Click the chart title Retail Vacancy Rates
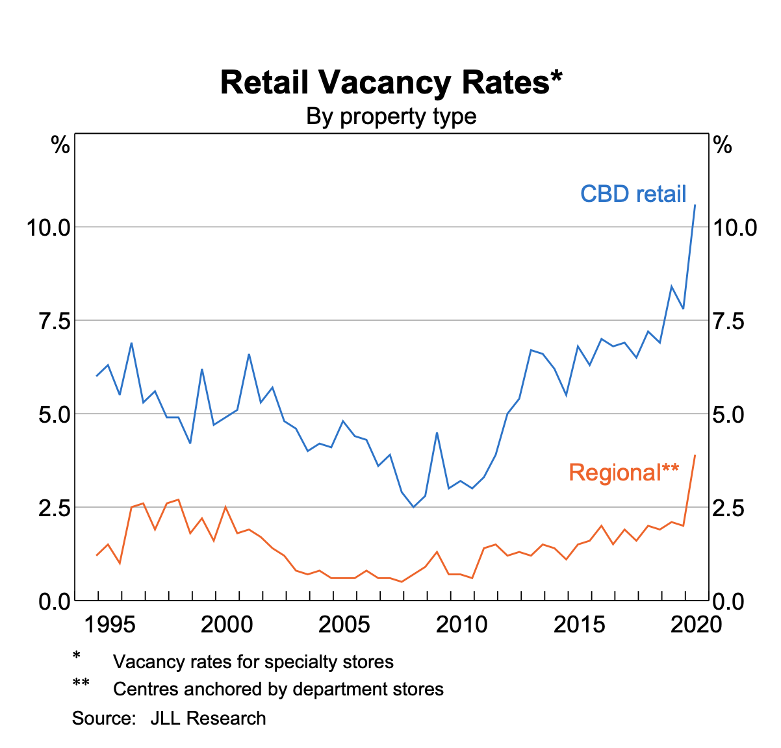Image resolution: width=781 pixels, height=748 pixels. [390, 82]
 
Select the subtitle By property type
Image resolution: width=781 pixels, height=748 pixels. [391, 117]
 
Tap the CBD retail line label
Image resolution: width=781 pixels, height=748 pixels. [633, 193]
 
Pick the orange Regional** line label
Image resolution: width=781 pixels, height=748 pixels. [624, 472]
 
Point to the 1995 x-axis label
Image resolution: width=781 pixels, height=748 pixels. [110, 625]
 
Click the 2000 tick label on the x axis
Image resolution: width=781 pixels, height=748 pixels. [227, 625]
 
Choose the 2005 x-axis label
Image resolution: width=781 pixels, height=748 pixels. [344, 625]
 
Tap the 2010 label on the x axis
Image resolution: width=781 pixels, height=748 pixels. [461, 625]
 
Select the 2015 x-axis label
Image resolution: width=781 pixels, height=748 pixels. [579, 625]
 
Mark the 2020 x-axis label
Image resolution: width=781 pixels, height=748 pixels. [697, 625]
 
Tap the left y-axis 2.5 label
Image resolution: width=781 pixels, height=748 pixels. [54, 508]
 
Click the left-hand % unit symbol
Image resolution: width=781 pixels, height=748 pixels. [60, 146]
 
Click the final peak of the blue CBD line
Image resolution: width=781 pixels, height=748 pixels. [695, 205]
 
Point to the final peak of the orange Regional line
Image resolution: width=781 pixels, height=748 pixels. [695, 456]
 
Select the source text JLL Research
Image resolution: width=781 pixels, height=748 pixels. [208, 718]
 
